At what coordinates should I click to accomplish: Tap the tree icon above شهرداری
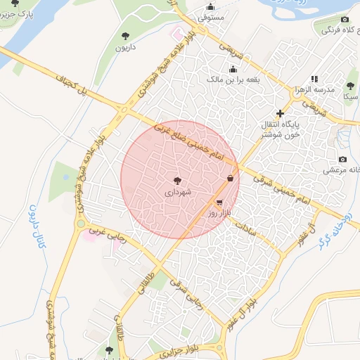point(177,181)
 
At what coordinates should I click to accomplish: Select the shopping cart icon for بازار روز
point(220,202)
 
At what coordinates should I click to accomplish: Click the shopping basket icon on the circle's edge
point(231,179)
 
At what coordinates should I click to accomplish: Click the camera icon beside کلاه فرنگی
point(345,19)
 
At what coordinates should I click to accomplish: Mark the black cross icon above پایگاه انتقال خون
point(280,113)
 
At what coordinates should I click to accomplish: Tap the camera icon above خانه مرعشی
point(342,160)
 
